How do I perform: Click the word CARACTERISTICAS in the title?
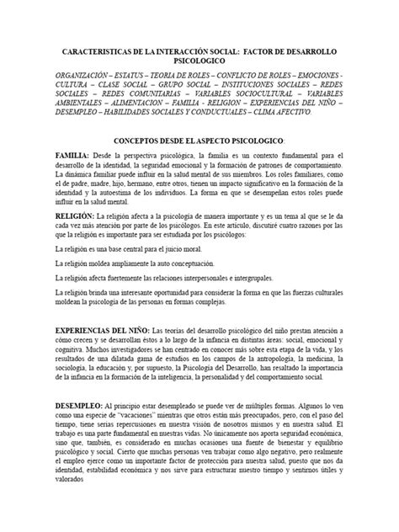94,52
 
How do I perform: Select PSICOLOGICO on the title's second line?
199,62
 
